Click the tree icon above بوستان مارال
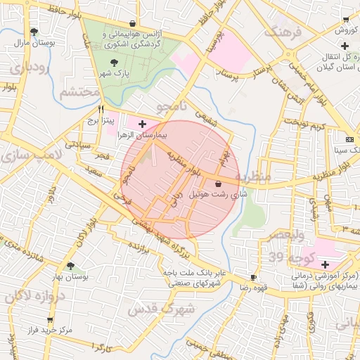[x=34, y=31]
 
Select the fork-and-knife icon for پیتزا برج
[x=101, y=110]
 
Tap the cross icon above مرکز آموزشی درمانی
[x=324, y=264]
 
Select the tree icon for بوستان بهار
[x=70, y=265]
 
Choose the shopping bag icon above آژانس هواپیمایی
[x=133, y=23]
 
